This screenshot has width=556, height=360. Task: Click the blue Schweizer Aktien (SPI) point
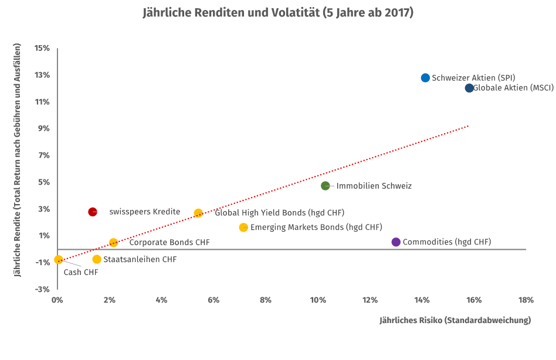coord(426,78)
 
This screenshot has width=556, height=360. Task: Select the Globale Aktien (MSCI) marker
coord(469,88)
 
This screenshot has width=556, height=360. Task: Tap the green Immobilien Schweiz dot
coord(326,186)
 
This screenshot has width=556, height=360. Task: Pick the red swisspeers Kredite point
coord(93,212)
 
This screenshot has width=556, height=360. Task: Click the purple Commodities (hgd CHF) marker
coord(396,242)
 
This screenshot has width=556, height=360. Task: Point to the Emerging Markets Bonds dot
coord(243,227)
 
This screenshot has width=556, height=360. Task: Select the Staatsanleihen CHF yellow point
coord(97,259)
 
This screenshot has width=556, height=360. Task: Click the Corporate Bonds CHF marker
coord(113,243)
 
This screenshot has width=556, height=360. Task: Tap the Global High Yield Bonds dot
coord(198,213)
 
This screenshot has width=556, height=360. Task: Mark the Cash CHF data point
coord(58,259)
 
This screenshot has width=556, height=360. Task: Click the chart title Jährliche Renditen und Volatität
coord(278,12)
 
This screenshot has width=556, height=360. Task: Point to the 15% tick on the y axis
coord(42,48)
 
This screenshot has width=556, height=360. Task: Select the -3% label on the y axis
coord(42,289)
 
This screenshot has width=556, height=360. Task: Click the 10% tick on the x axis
coord(318,300)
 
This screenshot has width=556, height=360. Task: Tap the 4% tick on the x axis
coord(161,300)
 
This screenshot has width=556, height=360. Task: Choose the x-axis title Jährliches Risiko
coord(455,320)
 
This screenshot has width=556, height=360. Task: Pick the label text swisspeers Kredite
coord(144,212)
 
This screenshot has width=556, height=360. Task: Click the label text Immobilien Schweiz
coord(374,186)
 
